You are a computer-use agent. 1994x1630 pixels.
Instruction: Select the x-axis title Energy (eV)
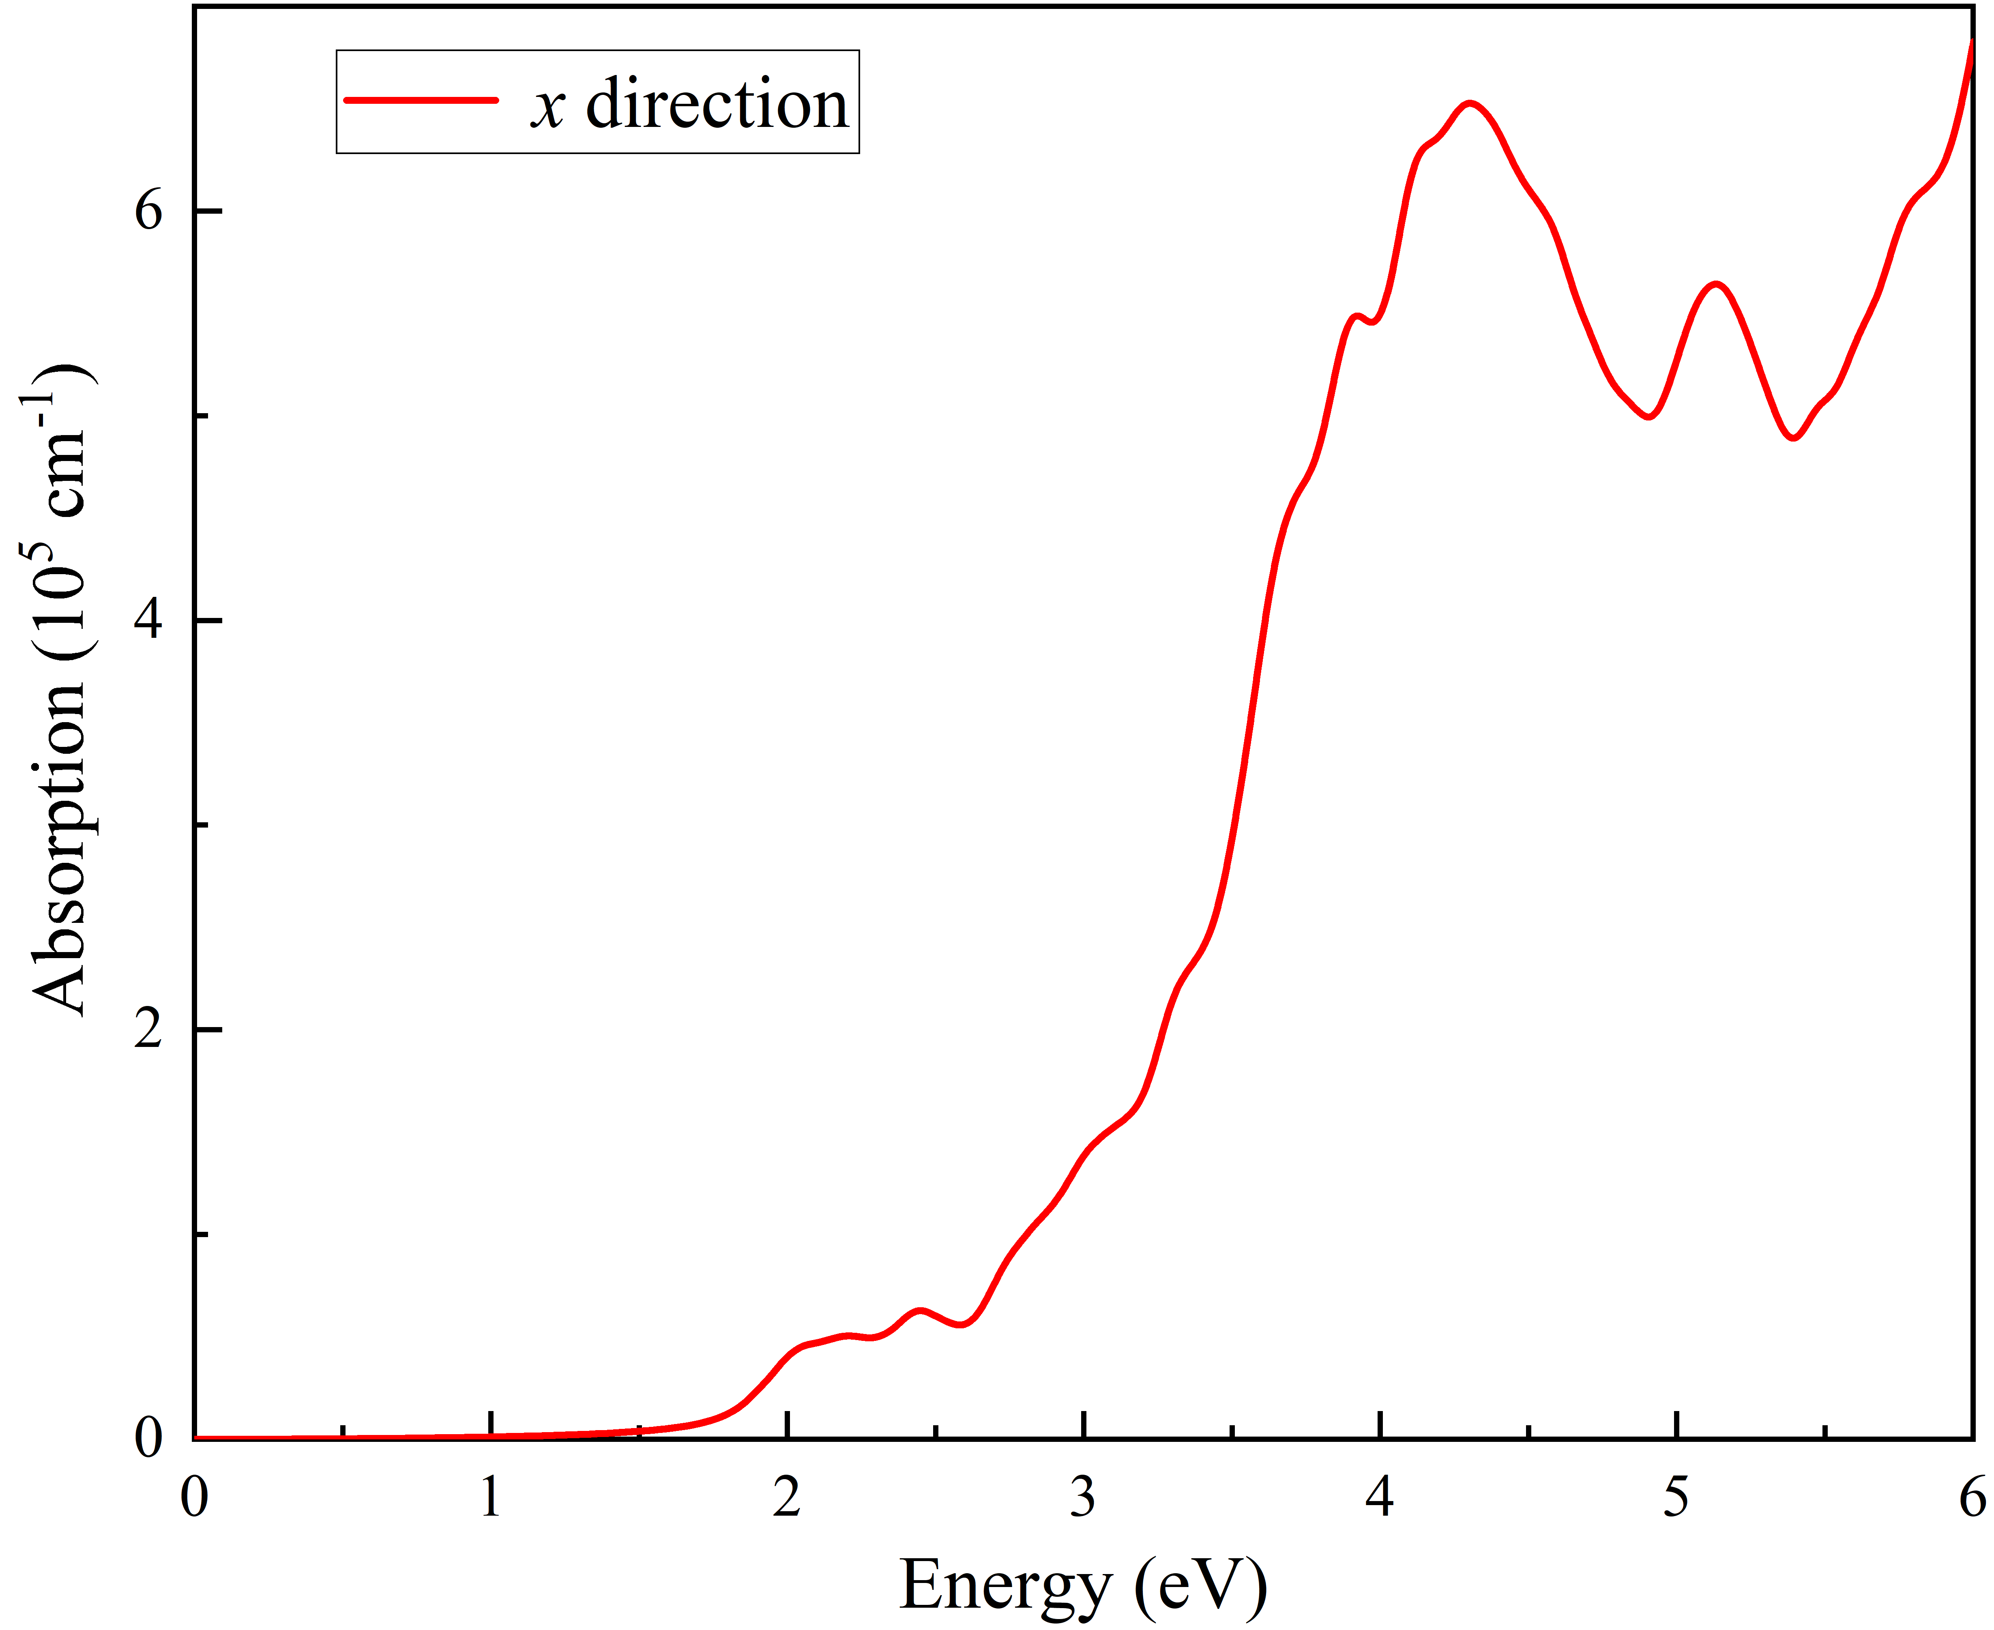(x=1083, y=1587)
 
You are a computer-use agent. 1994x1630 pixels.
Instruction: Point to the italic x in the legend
(x=547, y=108)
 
